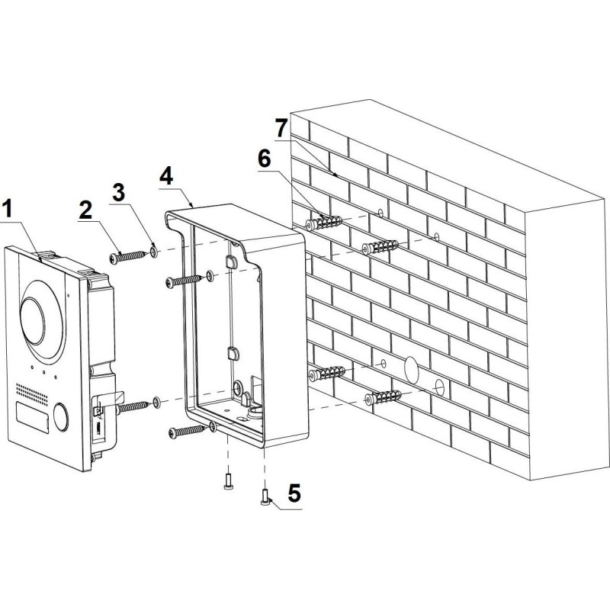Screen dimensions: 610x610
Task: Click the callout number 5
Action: tap(294, 493)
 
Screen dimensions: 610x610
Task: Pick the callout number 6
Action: tap(264, 159)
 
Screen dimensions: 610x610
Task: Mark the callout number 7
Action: tap(281, 126)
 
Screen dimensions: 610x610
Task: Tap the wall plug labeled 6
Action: tap(325, 223)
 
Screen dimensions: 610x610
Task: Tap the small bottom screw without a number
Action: tap(228, 481)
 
